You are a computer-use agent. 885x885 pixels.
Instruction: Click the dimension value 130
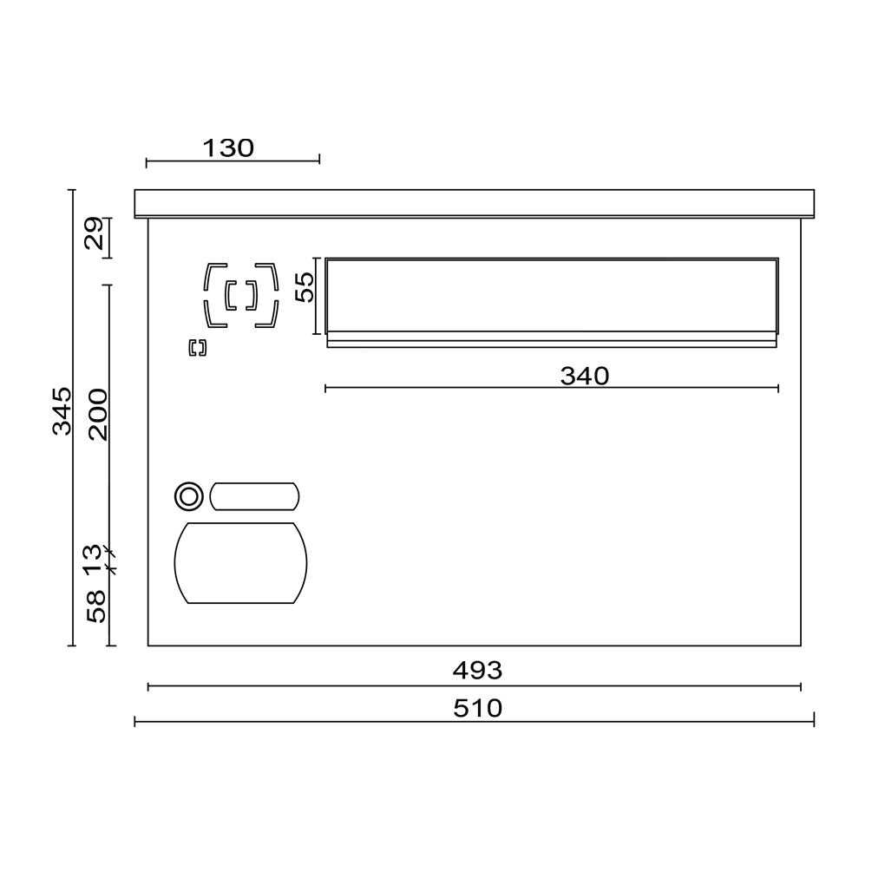[x=228, y=147]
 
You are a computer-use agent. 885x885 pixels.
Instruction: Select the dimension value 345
[x=62, y=411]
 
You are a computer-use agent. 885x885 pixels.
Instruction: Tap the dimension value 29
[x=95, y=233]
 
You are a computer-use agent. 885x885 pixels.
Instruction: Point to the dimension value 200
[x=97, y=414]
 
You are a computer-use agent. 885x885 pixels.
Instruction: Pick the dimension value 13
[x=93, y=560]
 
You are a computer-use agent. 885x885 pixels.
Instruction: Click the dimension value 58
[x=96, y=606]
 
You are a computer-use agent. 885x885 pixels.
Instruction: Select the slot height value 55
[x=305, y=287]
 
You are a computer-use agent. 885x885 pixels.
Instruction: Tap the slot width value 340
[x=585, y=376]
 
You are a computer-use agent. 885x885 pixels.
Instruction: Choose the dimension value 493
[x=477, y=671]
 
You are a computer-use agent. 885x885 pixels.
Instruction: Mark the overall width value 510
[x=477, y=708]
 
